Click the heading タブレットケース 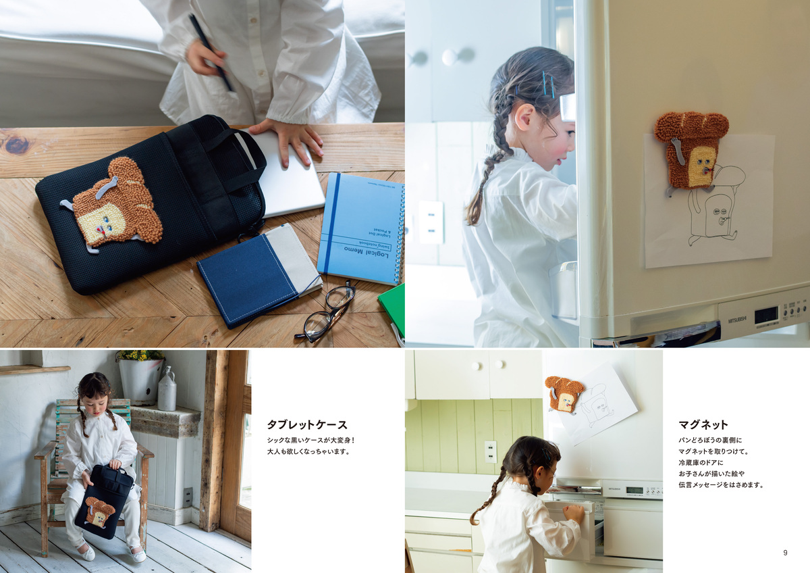coord(307,425)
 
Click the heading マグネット coord(703,425)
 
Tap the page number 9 coord(785,553)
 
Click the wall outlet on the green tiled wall coord(490,451)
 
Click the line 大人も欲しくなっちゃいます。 coord(307,451)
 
